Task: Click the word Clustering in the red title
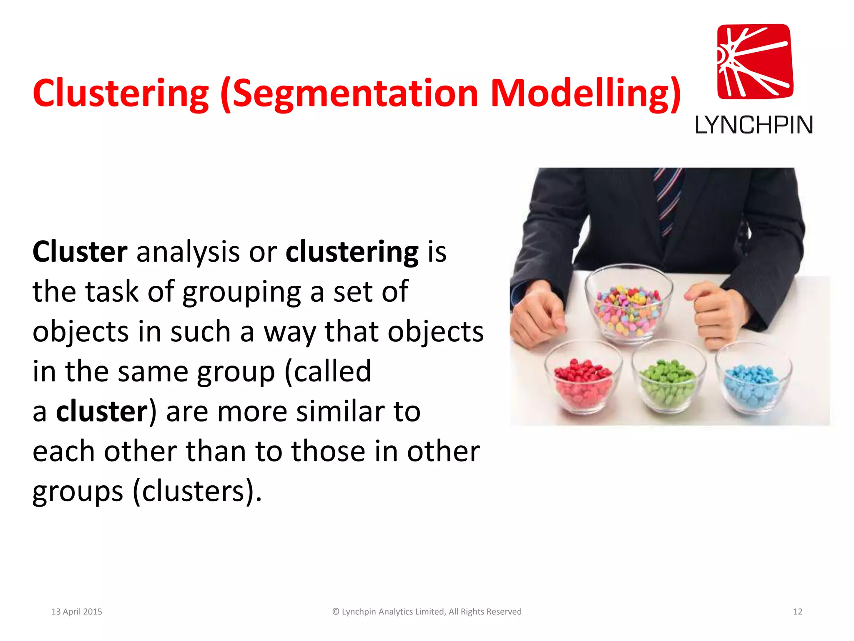[x=121, y=93]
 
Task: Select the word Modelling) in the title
[x=585, y=93]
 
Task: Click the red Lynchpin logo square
[x=755, y=61]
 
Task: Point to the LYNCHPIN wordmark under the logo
[x=754, y=125]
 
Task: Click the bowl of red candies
[x=583, y=380]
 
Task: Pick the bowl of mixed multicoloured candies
[x=628, y=307]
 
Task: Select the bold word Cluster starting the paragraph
[x=80, y=252]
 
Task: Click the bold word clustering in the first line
[x=352, y=252]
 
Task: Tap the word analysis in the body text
[x=188, y=252]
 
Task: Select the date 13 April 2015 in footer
[x=77, y=611]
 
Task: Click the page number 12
[x=797, y=611]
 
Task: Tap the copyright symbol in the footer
[x=336, y=611]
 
